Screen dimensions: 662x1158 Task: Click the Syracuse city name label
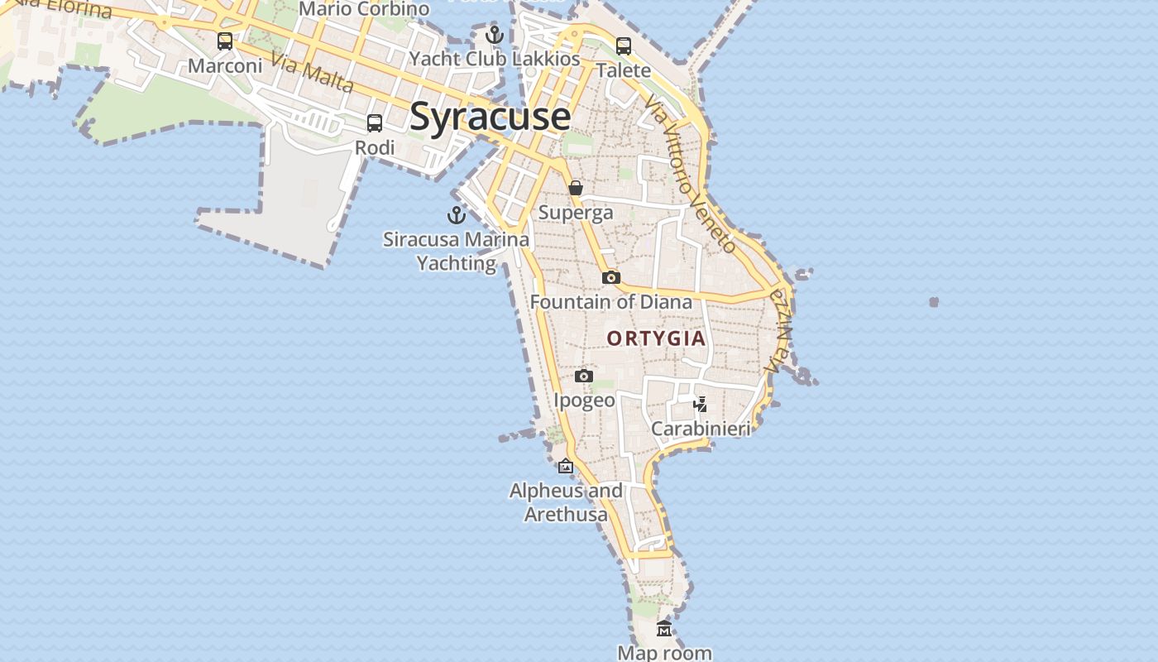point(490,116)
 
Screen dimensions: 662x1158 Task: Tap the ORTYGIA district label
point(657,338)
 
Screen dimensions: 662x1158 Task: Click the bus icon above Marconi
point(225,41)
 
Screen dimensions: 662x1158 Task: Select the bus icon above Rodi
point(375,123)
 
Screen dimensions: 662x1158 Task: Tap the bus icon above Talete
point(624,46)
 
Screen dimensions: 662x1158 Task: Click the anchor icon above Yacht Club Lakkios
point(495,35)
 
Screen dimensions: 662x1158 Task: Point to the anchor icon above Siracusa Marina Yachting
point(456,215)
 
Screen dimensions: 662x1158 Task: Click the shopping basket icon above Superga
point(576,188)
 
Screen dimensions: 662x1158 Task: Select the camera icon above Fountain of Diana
point(611,277)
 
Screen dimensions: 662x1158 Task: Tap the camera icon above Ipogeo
point(584,377)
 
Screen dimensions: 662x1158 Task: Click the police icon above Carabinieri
point(701,404)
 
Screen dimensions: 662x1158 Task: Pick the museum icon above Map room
point(664,629)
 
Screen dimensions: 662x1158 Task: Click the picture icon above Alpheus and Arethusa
point(566,467)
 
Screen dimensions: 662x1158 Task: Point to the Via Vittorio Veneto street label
point(691,174)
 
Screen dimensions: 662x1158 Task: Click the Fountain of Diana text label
point(611,302)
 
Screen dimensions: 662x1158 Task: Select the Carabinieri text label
point(701,429)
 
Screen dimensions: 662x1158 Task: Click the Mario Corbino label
point(364,9)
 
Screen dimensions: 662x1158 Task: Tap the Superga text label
point(576,213)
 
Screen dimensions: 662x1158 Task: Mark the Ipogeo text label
point(584,401)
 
